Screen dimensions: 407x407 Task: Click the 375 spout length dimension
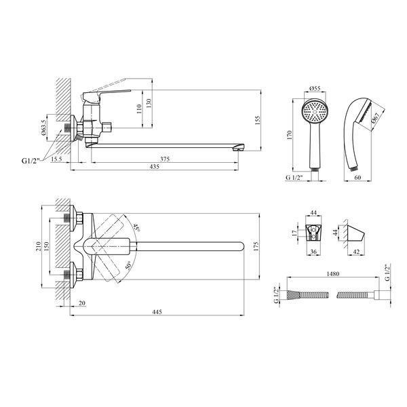click(165, 159)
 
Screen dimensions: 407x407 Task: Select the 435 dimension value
click(155, 167)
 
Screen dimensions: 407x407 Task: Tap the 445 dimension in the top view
click(157, 311)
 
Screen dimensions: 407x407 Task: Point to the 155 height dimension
click(257, 121)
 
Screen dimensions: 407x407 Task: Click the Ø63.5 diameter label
click(44, 128)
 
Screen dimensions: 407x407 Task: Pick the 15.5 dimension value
click(56, 159)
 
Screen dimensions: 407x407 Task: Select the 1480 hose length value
click(333, 273)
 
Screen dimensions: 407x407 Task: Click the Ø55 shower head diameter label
click(315, 88)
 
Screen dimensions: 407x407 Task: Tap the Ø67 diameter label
click(376, 117)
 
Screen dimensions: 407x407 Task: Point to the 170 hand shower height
click(290, 135)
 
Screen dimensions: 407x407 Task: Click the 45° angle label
click(136, 227)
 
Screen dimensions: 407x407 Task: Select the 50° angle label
click(128, 266)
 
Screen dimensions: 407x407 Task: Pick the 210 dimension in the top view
click(39, 246)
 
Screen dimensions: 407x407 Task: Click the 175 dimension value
click(256, 246)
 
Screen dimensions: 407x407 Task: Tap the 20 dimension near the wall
click(82, 303)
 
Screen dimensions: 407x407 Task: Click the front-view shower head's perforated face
click(315, 112)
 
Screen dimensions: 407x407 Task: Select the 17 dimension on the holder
click(294, 233)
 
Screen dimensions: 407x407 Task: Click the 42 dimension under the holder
click(357, 251)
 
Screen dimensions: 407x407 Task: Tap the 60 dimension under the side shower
click(357, 178)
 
